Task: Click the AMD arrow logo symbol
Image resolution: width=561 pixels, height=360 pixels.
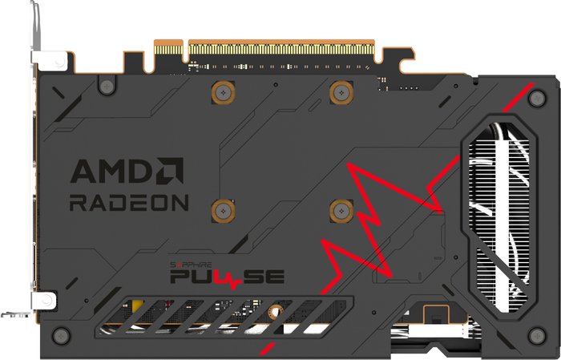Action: [x=170, y=171]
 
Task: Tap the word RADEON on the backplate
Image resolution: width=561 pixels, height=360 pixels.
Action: [x=129, y=203]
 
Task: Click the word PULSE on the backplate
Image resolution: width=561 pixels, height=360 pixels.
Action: [x=227, y=277]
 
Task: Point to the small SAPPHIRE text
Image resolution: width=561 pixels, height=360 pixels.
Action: [x=191, y=265]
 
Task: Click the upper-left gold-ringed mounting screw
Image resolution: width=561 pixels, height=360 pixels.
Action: [x=224, y=93]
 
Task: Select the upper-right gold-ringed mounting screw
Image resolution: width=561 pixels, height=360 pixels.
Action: [x=341, y=93]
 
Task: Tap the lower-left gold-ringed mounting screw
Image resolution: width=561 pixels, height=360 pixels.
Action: [x=224, y=211]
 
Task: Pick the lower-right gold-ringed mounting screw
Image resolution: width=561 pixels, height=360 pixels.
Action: [x=341, y=211]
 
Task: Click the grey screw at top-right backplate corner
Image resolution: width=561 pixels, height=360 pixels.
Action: [x=537, y=99]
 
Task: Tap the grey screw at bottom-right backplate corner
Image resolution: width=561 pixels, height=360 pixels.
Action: [x=537, y=336]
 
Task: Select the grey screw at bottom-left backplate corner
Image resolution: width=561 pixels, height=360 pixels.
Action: [x=61, y=336]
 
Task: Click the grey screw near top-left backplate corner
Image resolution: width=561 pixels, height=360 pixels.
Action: [x=107, y=87]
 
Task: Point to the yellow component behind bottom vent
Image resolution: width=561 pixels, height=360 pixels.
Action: [x=137, y=305]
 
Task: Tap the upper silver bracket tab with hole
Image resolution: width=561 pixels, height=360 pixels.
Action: [x=50, y=61]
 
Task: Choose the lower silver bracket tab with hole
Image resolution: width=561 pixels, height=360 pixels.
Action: [x=43, y=301]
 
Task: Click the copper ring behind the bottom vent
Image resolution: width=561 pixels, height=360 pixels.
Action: [x=275, y=312]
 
